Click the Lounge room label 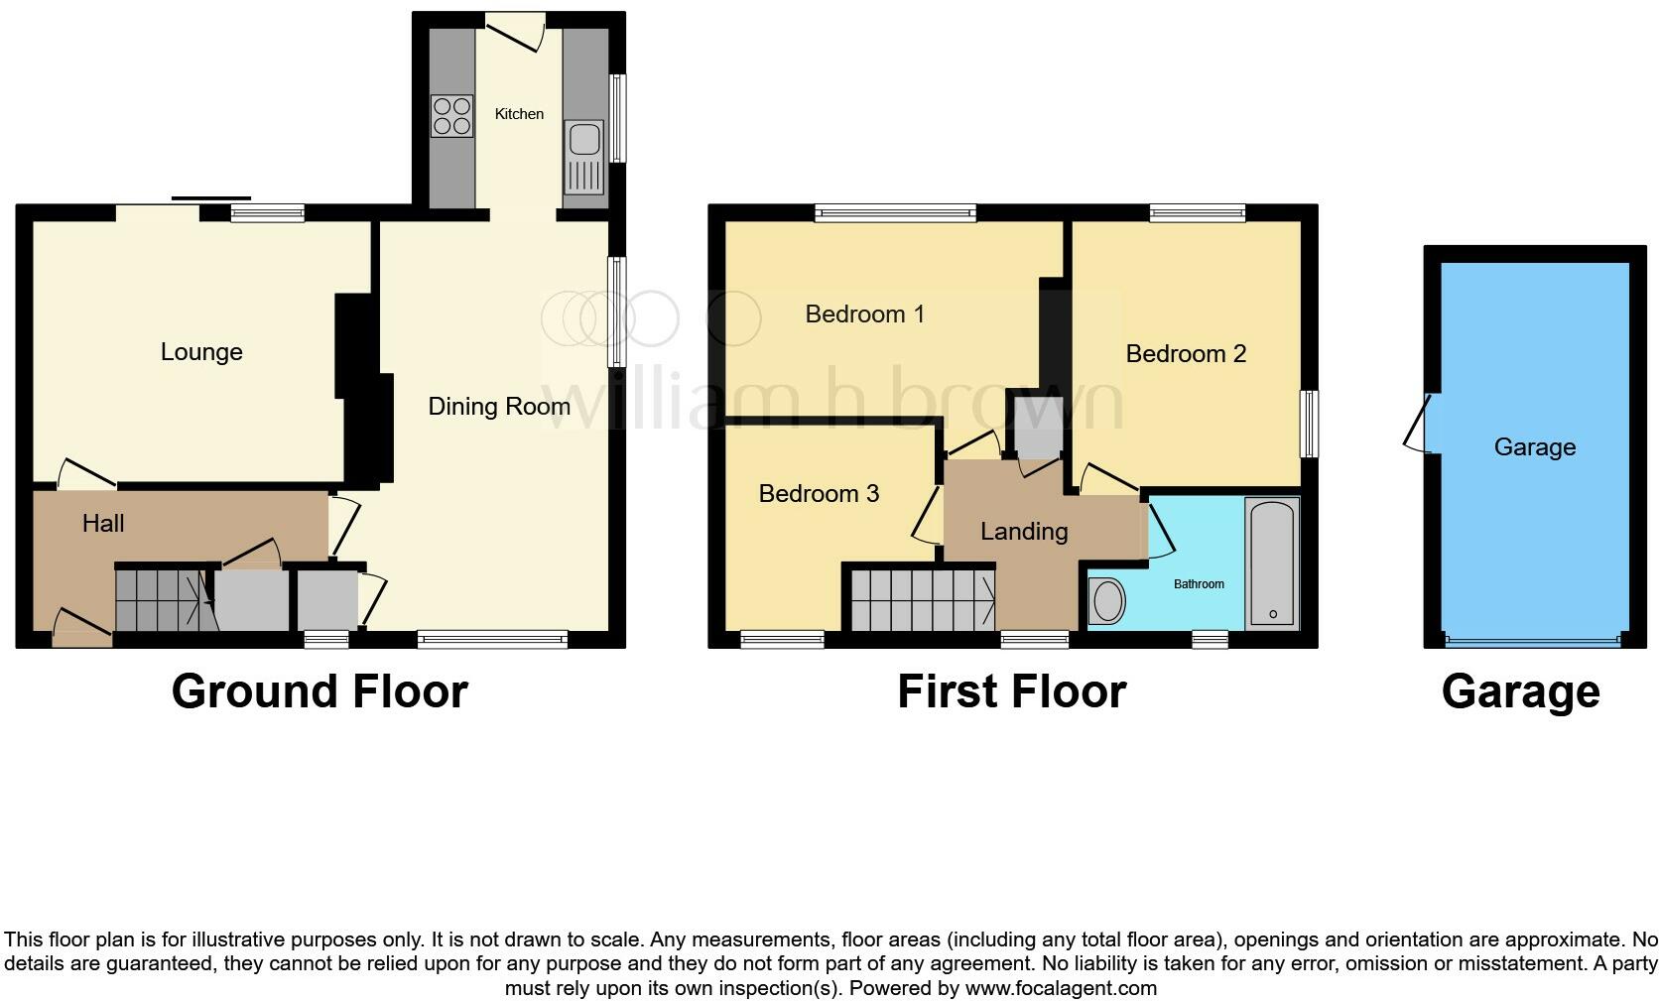tap(201, 352)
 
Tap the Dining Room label tap(499, 406)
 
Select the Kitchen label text tap(519, 114)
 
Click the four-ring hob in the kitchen tap(451, 115)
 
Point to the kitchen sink tap(584, 158)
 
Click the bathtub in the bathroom tap(1272, 563)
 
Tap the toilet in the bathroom tap(1107, 600)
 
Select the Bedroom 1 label tap(864, 314)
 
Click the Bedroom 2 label tap(1186, 354)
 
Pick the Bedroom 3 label tap(819, 494)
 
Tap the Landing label tap(1024, 532)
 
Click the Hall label tap(103, 524)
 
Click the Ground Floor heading tap(319, 691)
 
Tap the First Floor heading tap(1011, 691)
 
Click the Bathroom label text tap(1199, 584)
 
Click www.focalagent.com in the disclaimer tap(1061, 988)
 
